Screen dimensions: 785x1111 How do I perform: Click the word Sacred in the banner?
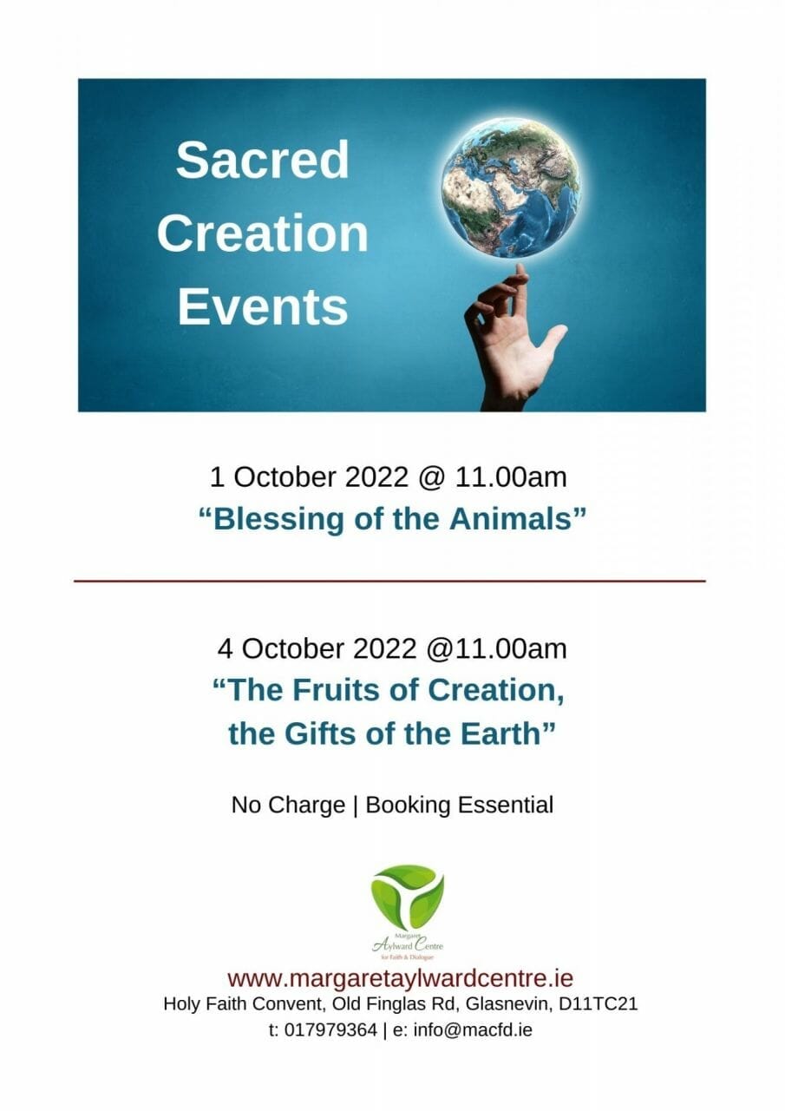coord(262,159)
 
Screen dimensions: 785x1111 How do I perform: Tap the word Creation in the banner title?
coord(263,233)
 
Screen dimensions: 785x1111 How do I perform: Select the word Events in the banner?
coord(263,306)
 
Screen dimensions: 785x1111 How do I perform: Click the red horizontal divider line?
coord(389,581)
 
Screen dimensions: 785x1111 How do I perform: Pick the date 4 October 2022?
coord(317,648)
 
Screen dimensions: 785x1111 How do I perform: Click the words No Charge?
coord(288,805)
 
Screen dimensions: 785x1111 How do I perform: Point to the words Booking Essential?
coord(460,805)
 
